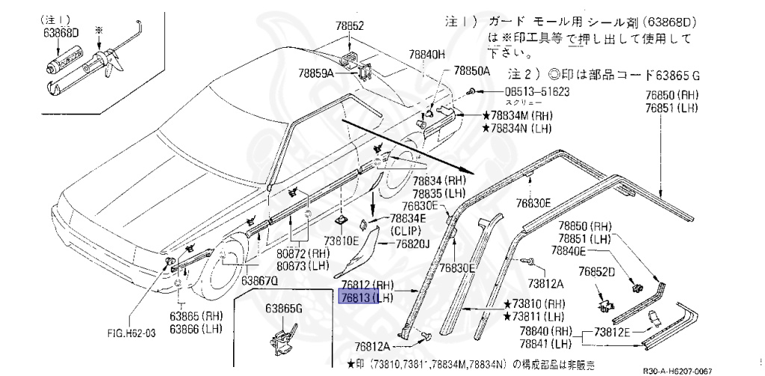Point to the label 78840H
coord(427,55)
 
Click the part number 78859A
coord(316,73)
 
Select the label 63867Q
coord(258,281)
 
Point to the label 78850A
coord(471,72)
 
